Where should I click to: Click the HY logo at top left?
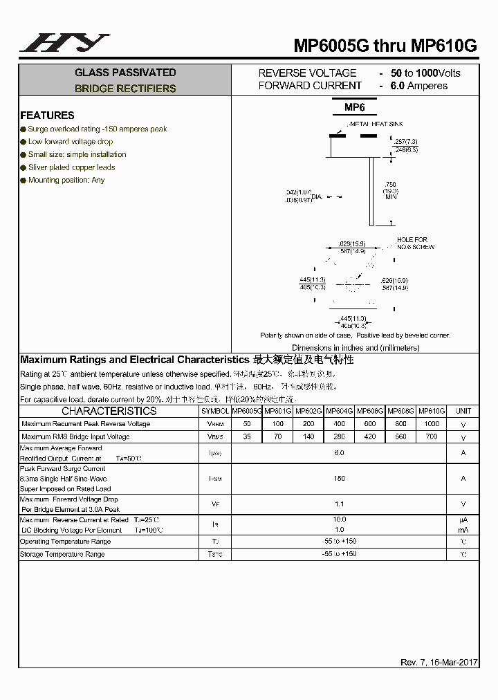(64, 43)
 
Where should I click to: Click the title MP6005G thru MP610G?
(385, 46)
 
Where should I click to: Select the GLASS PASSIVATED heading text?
(125, 73)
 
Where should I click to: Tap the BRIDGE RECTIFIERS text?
(125, 89)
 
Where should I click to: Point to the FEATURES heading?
(47, 116)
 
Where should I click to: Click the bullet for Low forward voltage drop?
(24, 142)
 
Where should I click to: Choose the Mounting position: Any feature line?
(66, 180)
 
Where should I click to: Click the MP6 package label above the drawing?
(354, 107)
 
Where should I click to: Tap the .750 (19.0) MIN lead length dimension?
(391, 191)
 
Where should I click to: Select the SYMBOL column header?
(214, 411)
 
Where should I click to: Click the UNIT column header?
(463, 411)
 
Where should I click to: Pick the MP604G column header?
(339, 411)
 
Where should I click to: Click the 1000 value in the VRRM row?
(432, 423)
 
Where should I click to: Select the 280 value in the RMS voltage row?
(339, 436)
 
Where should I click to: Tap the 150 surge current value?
(339, 478)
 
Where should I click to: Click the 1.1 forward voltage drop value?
(339, 504)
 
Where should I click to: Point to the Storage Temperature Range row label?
(63, 554)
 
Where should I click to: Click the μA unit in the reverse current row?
(463, 519)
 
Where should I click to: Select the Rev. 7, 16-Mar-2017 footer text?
(439, 662)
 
